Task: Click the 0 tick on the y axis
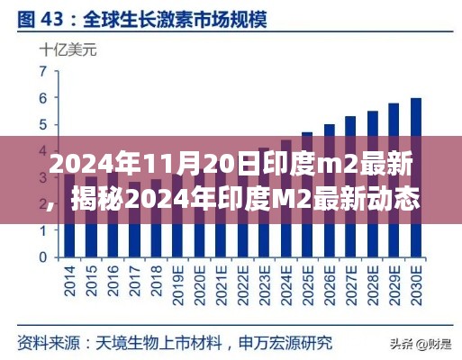click(x=42, y=256)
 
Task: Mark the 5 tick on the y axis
click(x=42, y=123)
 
